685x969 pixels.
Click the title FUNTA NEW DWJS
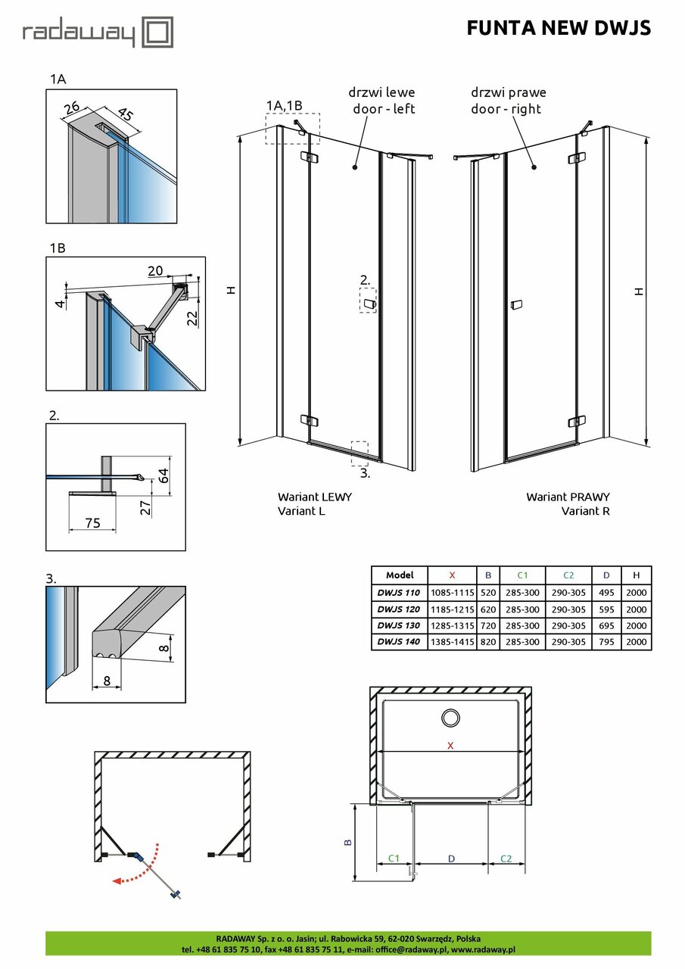click(559, 29)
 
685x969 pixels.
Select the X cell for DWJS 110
click(452, 592)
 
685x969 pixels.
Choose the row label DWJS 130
click(399, 625)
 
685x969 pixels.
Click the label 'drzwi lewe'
click(381, 92)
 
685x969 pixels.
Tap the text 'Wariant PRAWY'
click(568, 497)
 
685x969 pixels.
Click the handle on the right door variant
click(516, 305)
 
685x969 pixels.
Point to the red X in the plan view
click(450, 746)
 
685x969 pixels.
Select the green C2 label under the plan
click(506, 858)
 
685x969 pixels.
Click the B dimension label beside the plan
click(347, 842)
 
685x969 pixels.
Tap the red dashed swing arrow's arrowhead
click(115, 880)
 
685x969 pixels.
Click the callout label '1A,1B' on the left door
click(284, 105)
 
